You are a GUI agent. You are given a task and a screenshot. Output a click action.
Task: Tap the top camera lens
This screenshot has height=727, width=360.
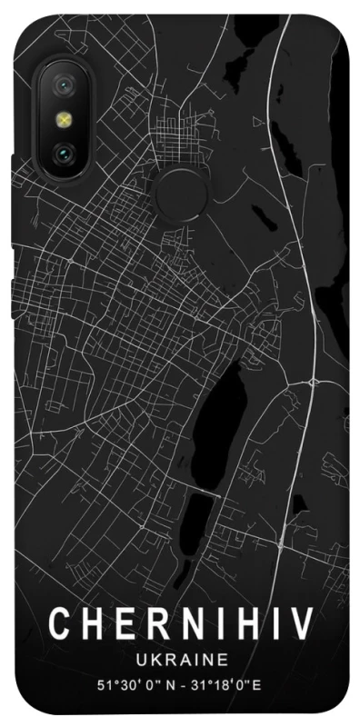coord(65,86)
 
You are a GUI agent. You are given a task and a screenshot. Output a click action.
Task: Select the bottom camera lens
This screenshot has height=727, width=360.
coord(65,152)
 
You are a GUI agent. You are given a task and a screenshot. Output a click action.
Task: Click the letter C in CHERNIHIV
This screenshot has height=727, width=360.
coord(59,625)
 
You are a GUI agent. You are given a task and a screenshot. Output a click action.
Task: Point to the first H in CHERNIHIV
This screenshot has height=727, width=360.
coord(92,625)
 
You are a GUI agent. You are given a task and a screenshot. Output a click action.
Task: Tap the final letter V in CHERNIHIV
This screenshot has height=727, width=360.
coord(299,625)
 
